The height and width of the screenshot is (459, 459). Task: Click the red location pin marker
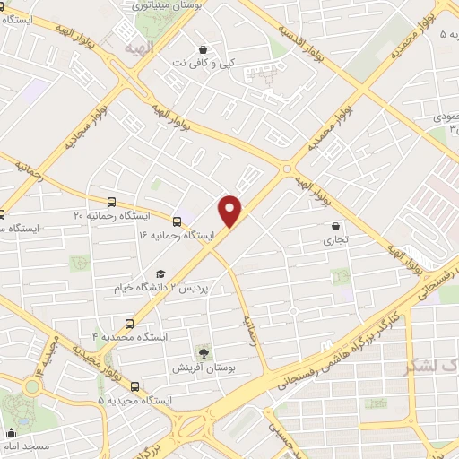tap(230, 210)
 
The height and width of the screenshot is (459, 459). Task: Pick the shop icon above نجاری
tap(336, 227)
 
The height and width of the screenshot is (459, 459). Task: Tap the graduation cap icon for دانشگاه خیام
tap(160, 274)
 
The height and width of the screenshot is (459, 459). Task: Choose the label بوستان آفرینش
tap(203, 368)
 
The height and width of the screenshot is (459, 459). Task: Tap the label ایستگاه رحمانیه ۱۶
tap(177, 234)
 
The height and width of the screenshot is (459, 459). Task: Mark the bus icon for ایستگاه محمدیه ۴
tap(129, 323)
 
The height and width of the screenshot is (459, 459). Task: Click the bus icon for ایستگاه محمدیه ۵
tap(134, 386)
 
